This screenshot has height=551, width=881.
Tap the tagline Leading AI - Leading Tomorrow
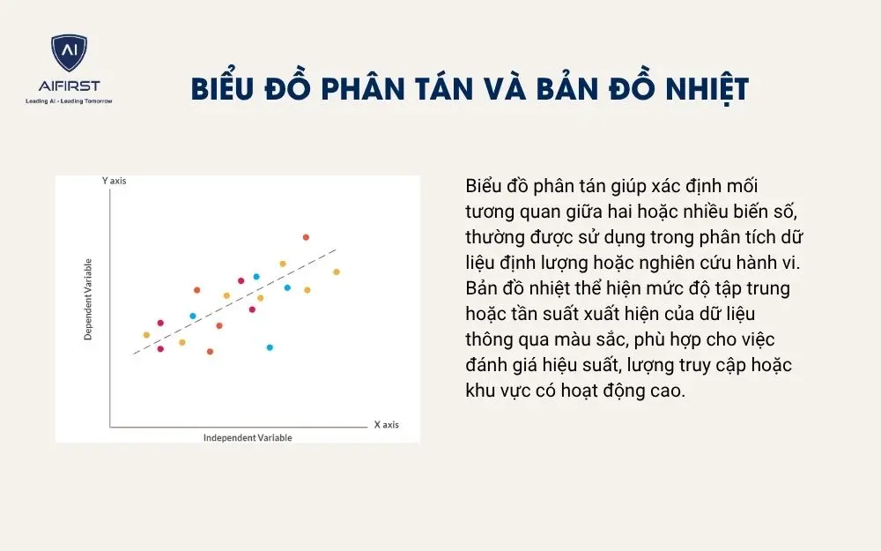point(69,101)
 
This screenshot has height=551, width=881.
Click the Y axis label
point(115,180)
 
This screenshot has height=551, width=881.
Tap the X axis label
point(386,424)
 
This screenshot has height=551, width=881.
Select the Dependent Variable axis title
point(88,300)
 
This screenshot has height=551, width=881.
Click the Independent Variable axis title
point(248,437)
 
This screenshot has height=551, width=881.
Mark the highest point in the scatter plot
point(306,237)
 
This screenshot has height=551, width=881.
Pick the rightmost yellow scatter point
point(336,272)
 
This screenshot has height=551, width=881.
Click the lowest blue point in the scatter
point(270,347)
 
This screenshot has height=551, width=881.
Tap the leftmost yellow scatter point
point(146,335)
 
